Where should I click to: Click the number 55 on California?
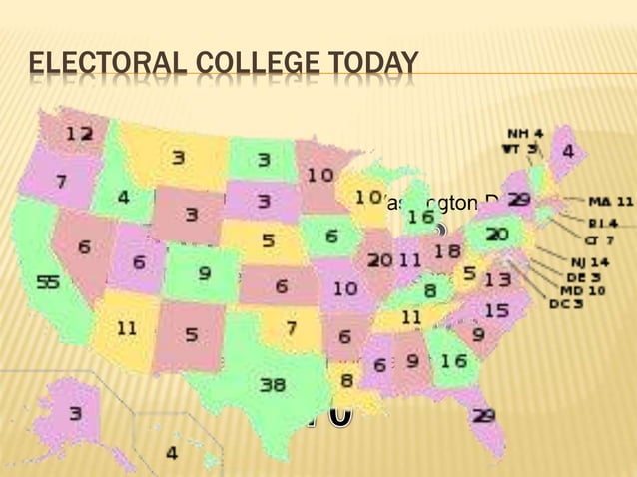[x=48, y=282]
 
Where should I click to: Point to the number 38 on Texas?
[x=273, y=384]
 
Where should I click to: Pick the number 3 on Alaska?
[x=76, y=411]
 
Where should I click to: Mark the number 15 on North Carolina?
[x=495, y=312]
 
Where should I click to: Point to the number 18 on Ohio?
[x=447, y=251]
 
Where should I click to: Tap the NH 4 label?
[x=525, y=132]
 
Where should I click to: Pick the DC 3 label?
[x=566, y=304]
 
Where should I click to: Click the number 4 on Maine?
[x=567, y=152]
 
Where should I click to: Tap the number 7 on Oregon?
[x=61, y=183]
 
